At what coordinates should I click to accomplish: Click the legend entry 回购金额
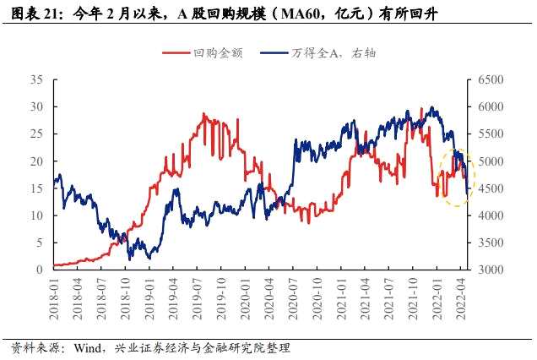click(x=210, y=52)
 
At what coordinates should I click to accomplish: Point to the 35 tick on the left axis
click(x=36, y=79)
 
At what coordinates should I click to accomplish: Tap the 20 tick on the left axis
click(x=36, y=161)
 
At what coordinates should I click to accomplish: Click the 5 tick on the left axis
click(x=40, y=243)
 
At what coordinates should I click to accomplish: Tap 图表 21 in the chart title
click(x=33, y=13)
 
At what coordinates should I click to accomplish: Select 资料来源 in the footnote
click(x=30, y=347)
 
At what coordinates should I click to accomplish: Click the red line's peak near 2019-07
click(x=204, y=113)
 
